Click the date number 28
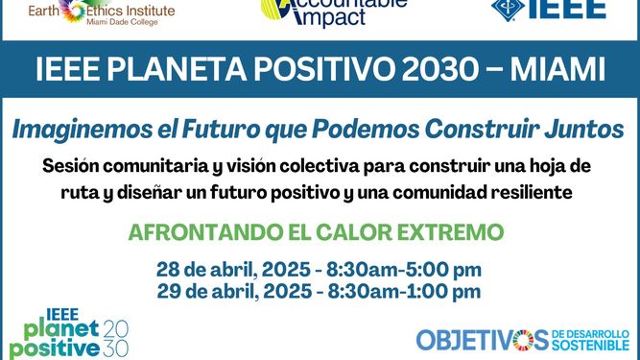(x=169, y=270)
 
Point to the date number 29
(x=169, y=291)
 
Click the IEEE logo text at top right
(x=575, y=9)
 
